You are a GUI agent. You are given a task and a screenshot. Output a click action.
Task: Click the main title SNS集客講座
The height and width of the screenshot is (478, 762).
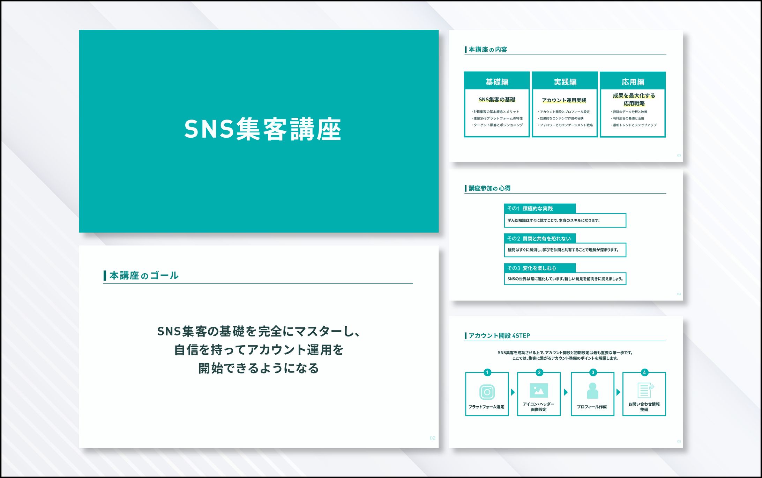click(x=262, y=129)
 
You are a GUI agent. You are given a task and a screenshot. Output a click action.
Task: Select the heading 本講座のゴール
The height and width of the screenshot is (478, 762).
click(x=144, y=275)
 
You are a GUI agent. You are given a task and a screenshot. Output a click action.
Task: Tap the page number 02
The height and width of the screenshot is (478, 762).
click(x=432, y=438)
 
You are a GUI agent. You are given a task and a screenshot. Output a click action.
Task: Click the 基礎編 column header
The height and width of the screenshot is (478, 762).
click(x=497, y=82)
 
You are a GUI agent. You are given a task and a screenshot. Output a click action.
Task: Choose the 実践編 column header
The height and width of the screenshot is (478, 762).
click(x=565, y=82)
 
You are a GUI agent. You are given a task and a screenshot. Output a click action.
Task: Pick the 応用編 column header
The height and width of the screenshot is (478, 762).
click(x=633, y=82)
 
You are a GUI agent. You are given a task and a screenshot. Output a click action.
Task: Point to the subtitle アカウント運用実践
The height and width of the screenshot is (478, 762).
click(x=564, y=100)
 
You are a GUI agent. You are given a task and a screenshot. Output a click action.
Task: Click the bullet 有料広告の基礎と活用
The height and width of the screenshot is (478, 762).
click(x=628, y=118)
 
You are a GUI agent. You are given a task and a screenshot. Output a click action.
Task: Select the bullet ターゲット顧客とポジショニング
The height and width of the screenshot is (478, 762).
click(x=498, y=125)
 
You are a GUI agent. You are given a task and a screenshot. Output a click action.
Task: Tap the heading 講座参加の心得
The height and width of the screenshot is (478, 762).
click(x=489, y=188)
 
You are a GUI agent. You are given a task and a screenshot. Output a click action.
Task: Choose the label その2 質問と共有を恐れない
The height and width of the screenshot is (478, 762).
click(x=539, y=239)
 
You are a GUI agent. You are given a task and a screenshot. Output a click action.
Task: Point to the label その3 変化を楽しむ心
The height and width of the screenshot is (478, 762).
click(x=531, y=268)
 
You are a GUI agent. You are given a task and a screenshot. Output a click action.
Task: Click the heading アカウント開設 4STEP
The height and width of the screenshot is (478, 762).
click(x=499, y=335)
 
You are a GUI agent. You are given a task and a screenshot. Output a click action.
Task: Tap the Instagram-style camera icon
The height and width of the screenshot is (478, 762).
click(x=487, y=392)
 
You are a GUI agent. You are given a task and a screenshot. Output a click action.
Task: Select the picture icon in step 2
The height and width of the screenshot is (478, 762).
click(x=539, y=390)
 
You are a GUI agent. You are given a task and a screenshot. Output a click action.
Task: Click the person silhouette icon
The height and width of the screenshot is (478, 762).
click(x=592, y=391)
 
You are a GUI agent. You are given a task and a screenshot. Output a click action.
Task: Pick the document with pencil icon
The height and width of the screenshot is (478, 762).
click(x=645, y=390)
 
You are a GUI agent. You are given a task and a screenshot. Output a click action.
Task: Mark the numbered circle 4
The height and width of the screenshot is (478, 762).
click(x=644, y=372)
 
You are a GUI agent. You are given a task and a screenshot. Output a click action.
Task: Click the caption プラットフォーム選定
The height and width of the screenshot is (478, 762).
click(x=486, y=407)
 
